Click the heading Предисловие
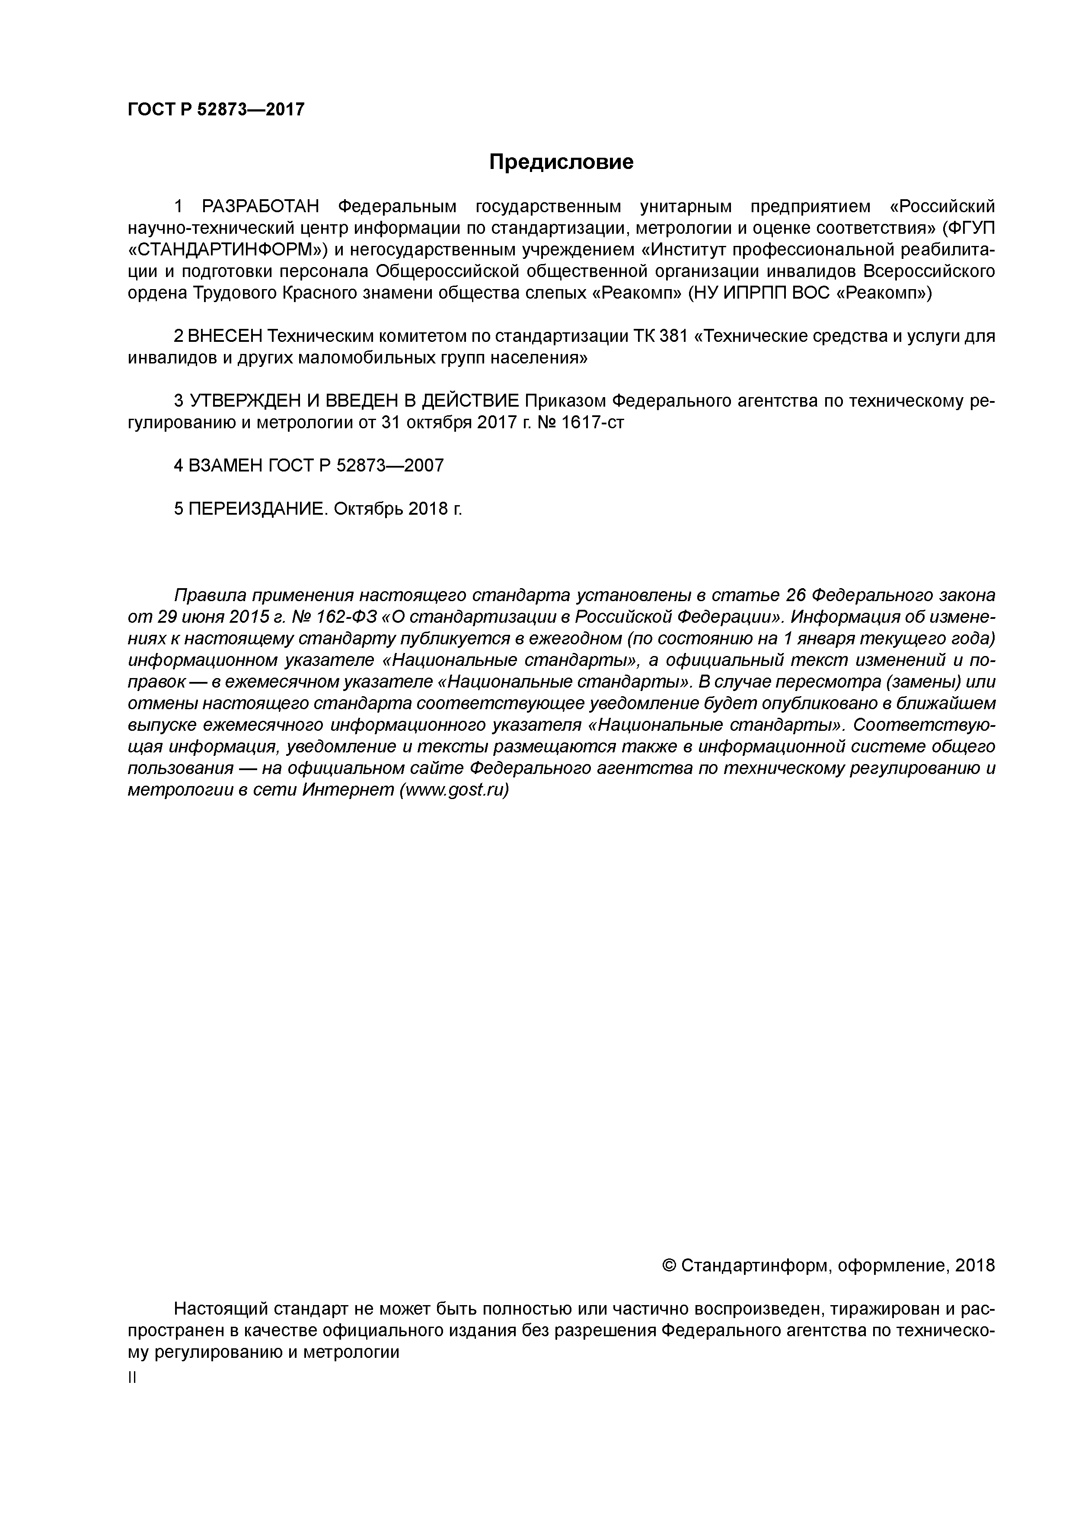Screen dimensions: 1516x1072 561,162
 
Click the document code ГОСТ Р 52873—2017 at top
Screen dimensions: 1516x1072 216,110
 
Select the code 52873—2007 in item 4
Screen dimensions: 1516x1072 390,465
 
